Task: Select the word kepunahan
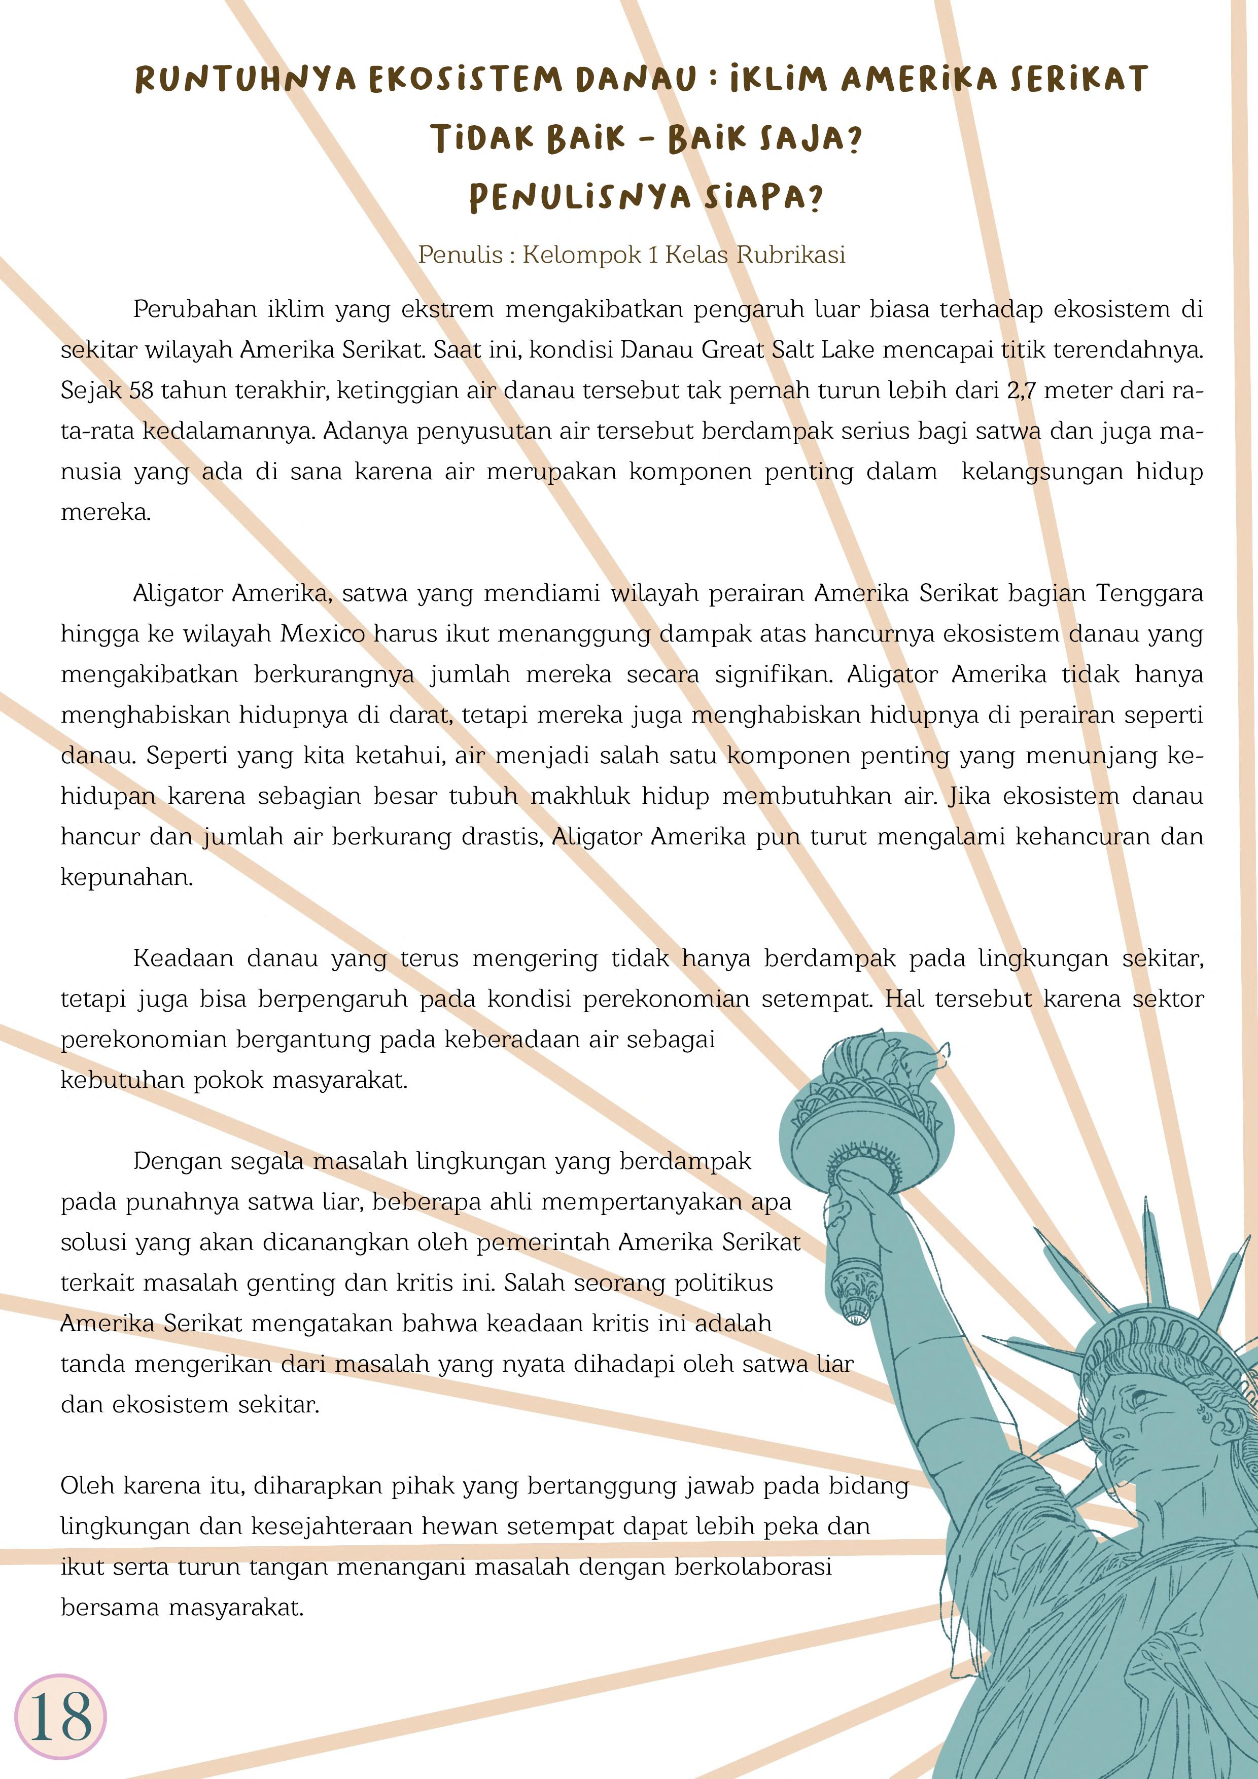126,878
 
